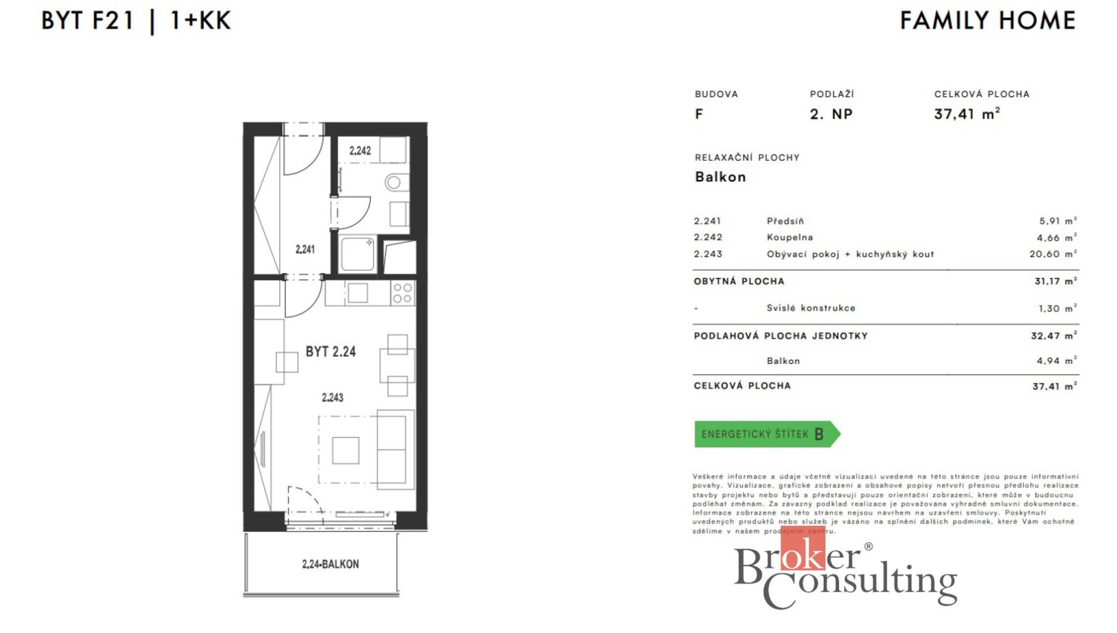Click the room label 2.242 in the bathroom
click(x=360, y=151)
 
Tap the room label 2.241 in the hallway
click(x=305, y=249)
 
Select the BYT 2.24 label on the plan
click(x=330, y=352)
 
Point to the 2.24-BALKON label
click(x=330, y=564)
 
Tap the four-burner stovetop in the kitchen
click(x=402, y=293)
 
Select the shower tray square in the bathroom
click(x=358, y=253)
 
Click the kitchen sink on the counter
click(x=358, y=293)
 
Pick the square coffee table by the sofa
click(x=346, y=450)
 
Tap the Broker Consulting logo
click(x=846, y=572)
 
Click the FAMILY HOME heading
click(x=988, y=20)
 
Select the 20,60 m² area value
click(x=1053, y=254)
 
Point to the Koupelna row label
click(x=789, y=238)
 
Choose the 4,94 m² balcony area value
click(x=1056, y=361)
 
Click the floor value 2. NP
click(x=831, y=114)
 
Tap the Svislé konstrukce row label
click(x=811, y=308)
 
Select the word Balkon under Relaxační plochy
click(x=720, y=177)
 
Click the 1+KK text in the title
click(x=200, y=21)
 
